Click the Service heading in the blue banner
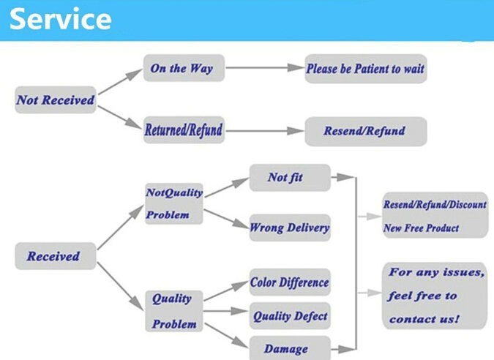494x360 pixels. [x=61, y=20]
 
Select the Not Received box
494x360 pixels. [x=56, y=100]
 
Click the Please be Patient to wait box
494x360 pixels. [x=365, y=69]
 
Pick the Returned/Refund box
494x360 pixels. [x=184, y=130]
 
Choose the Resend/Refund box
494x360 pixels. [x=364, y=132]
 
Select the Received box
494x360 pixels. [x=54, y=256]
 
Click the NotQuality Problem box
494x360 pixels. [x=173, y=203]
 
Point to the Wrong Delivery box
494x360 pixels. [x=290, y=228]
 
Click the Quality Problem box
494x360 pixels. [x=174, y=310]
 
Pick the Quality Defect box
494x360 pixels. [x=290, y=316]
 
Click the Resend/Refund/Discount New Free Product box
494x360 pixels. [x=434, y=216]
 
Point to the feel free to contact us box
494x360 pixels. [x=435, y=295]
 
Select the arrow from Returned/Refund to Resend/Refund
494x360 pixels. [x=263, y=131]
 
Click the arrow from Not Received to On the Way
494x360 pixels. [x=119, y=83]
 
